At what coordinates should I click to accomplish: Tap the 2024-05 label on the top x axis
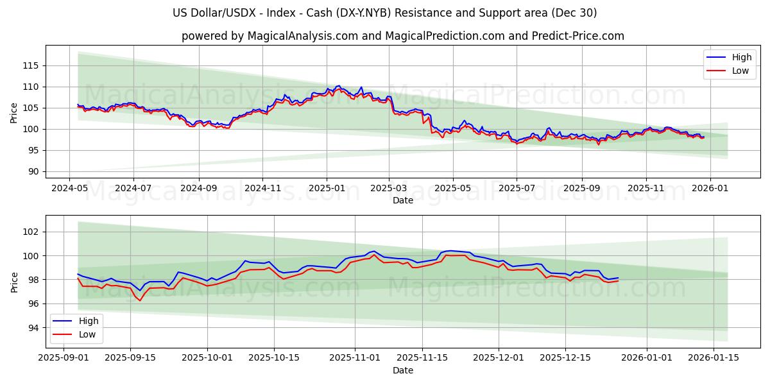(x=69, y=189)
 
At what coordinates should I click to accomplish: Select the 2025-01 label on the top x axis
(x=326, y=189)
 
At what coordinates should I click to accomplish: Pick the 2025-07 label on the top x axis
(x=517, y=189)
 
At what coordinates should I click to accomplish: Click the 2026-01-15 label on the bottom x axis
(x=713, y=358)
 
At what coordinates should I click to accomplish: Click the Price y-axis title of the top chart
(x=14, y=114)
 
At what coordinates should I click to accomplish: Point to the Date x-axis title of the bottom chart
(x=403, y=370)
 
